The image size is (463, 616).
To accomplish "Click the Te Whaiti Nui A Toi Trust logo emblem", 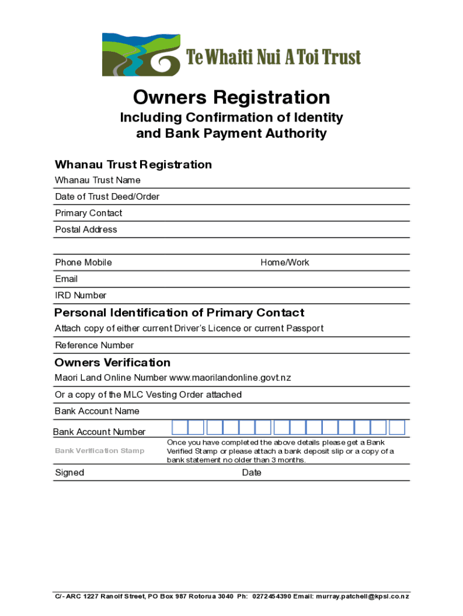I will [141, 55].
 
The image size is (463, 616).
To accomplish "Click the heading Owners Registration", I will [231, 97].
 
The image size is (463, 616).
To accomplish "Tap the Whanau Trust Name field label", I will [97, 180].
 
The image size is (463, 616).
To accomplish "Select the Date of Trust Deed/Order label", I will [107, 197].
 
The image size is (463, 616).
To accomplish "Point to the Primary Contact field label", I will [88, 213].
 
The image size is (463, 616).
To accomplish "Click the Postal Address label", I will [86, 229].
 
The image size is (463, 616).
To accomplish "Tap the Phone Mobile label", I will [83, 262].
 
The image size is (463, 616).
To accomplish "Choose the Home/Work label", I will [284, 262].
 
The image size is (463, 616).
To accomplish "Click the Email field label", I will [66, 279].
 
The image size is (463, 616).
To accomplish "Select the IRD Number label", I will [81, 295].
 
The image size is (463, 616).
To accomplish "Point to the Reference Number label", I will [94, 345].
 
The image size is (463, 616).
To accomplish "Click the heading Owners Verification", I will [112, 362].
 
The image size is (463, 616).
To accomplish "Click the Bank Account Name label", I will [97, 411].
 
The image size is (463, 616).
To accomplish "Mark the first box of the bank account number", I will [180, 428].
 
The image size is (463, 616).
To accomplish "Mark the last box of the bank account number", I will [397, 428].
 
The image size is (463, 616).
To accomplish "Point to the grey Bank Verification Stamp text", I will [99, 451].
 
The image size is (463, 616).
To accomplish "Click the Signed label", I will [70, 473].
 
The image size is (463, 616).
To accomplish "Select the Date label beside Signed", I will [251, 473].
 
